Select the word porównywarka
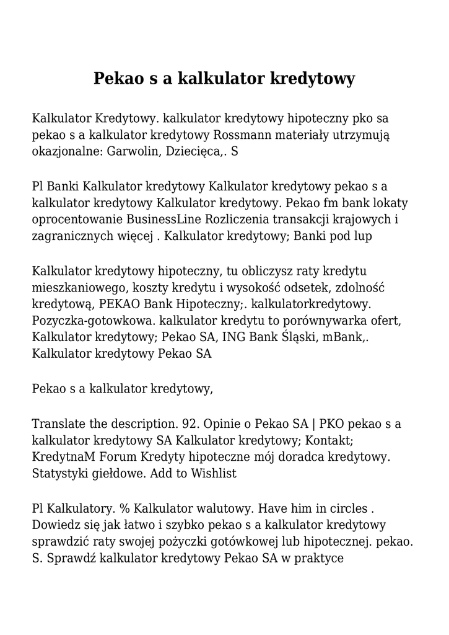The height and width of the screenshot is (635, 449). coord(326,321)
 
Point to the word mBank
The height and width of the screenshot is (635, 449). coord(348,337)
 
